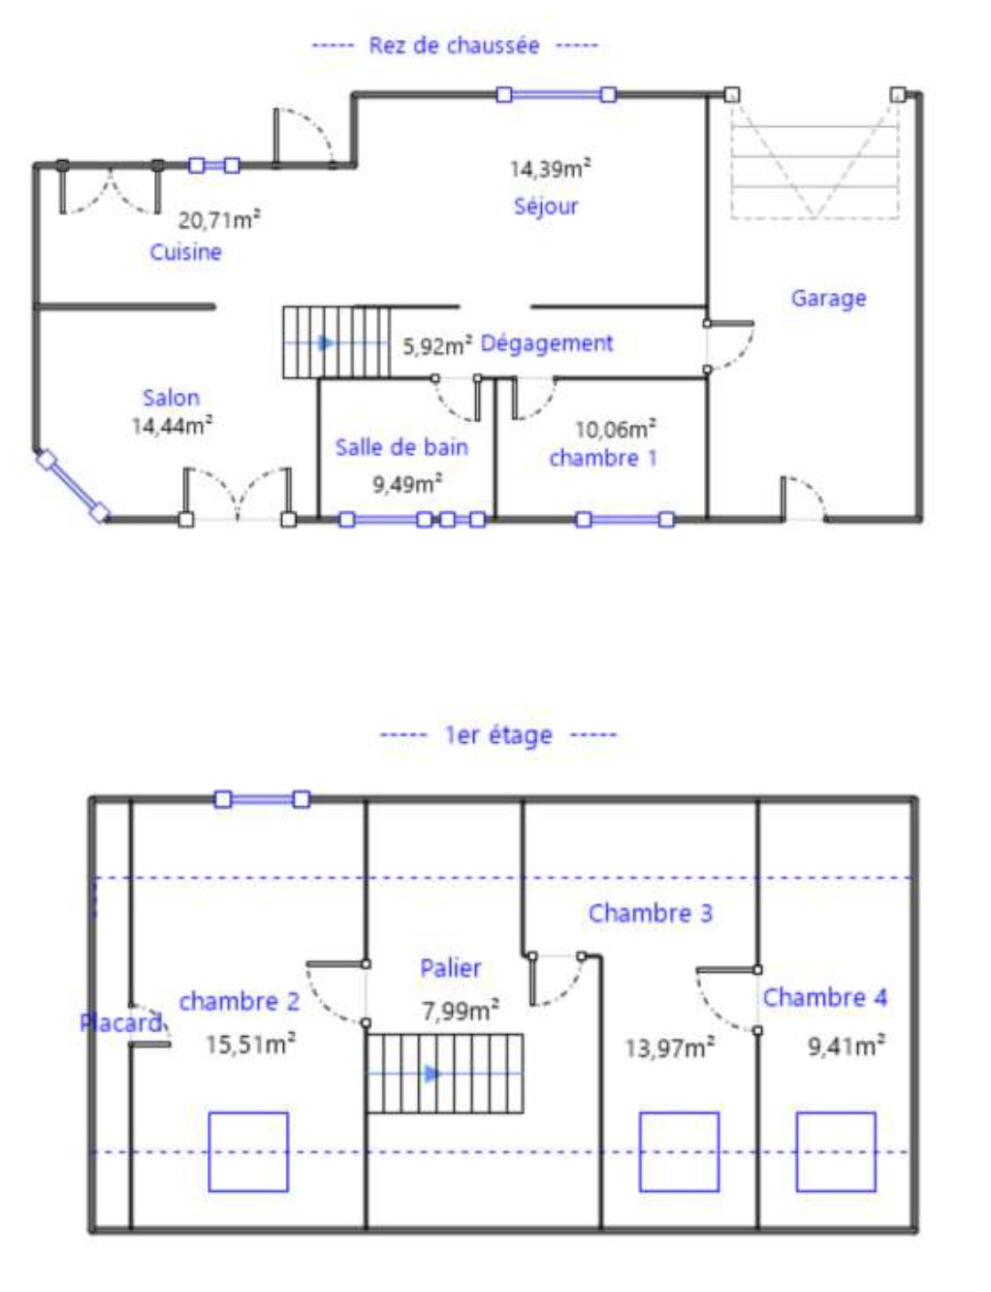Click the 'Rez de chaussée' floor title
[455, 46]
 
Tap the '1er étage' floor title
[498, 735]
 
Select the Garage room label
[828, 298]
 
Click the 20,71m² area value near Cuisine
[219, 220]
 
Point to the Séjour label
[545, 207]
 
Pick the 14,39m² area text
[550, 168]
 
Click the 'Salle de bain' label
[401, 447]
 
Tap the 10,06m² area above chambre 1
[615, 429]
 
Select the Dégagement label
[546, 343]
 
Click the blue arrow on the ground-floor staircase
[326, 343]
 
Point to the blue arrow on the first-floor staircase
[433, 1073]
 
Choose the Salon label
[171, 397]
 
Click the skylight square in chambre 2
[248, 1151]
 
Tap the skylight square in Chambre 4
[836, 1151]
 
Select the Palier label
[450, 968]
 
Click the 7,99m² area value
[461, 1010]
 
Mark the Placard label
[120, 1022]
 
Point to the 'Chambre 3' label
[650, 913]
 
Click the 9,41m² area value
[846, 1046]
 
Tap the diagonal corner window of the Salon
[73, 487]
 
